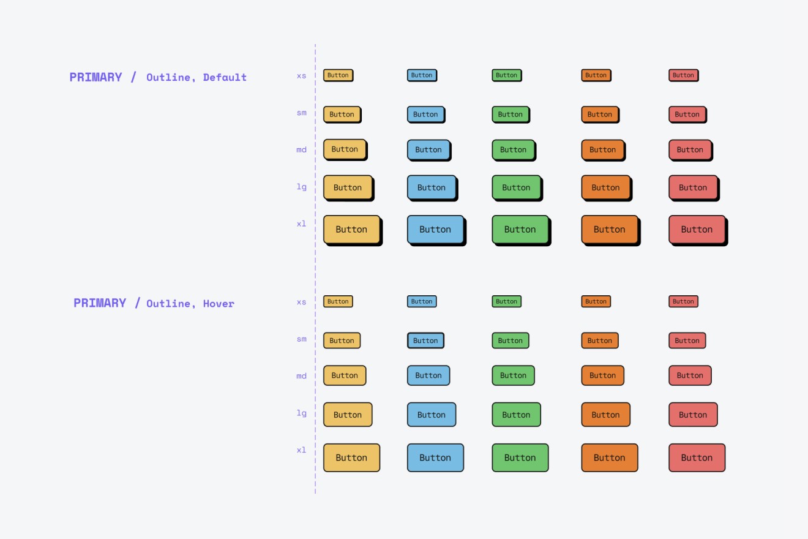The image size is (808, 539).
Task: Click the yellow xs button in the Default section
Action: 338,75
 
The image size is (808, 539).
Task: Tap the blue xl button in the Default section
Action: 435,230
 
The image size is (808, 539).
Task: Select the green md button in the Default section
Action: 513,149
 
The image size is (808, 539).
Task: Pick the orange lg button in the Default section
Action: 605,187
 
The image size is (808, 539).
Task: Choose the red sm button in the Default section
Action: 687,114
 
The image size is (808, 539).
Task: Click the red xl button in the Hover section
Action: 697,458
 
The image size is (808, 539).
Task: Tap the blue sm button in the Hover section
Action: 425,341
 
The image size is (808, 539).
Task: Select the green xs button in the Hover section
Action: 506,301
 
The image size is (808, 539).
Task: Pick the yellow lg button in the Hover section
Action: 348,415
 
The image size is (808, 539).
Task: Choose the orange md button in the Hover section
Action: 602,375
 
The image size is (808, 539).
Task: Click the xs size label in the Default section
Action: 301,76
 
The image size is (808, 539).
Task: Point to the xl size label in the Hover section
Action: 301,450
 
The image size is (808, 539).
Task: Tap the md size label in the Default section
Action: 301,149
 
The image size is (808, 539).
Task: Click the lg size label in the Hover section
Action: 301,413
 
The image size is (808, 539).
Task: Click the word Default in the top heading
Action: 225,77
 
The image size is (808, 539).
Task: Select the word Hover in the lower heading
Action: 219,304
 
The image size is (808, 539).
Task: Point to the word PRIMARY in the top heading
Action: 95,77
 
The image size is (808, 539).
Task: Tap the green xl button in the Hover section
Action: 520,458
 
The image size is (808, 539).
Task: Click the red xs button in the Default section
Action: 683,75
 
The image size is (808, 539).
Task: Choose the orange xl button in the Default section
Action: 609,230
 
